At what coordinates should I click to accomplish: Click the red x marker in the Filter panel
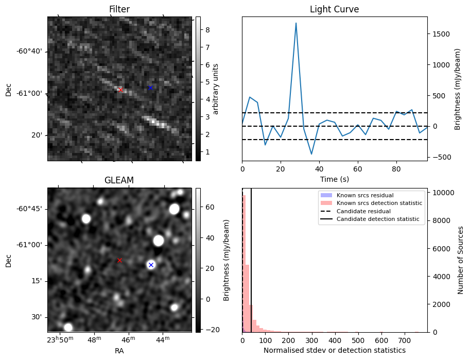point(120,90)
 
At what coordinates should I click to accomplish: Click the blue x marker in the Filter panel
point(150,88)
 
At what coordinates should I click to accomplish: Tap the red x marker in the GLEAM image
point(119,260)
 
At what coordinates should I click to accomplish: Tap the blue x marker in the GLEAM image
point(151,265)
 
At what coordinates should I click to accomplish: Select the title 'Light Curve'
point(334,9)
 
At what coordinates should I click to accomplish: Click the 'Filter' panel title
point(119,9)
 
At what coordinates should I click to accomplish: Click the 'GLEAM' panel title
point(119,180)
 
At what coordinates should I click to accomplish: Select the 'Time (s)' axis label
point(335,179)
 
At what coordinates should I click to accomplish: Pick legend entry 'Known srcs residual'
point(364,195)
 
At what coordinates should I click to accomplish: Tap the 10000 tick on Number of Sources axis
point(442,193)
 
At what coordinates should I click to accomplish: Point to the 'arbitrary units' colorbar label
point(216,89)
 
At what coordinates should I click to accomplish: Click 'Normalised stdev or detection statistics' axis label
point(335,350)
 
